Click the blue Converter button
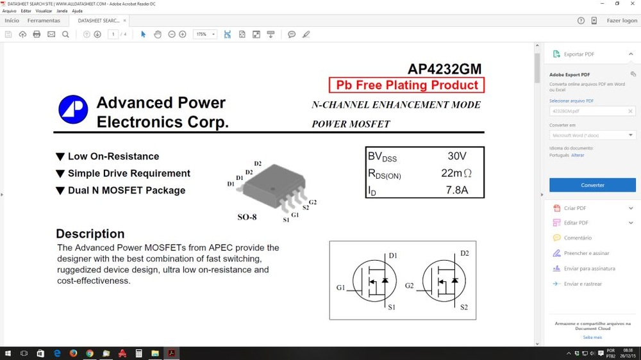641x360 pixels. [x=592, y=185]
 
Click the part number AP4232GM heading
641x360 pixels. [x=444, y=69]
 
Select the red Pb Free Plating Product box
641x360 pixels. [x=406, y=85]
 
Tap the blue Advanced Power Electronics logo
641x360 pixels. [x=73, y=110]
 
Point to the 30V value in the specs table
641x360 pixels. [x=456, y=156]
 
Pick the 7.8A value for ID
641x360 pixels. [x=457, y=190]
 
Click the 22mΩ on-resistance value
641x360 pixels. [x=456, y=173]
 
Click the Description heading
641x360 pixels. [x=90, y=234]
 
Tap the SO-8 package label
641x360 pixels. [x=247, y=217]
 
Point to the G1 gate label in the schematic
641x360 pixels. [x=340, y=288]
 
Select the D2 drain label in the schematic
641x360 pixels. [x=464, y=254]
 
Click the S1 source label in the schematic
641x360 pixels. [x=392, y=307]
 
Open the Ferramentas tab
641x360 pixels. [x=44, y=20]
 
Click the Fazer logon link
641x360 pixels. [x=622, y=20]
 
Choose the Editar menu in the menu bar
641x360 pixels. [x=26, y=11]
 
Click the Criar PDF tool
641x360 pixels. [x=575, y=208]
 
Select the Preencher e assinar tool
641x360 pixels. [x=586, y=254]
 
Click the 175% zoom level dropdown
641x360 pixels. [x=205, y=34]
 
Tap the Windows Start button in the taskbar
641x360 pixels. [x=8, y=353]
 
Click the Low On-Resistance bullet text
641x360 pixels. [x=113, y=156]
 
